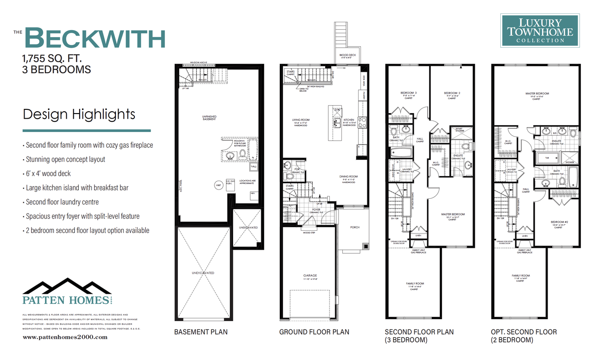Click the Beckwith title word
click(x=95, y=38)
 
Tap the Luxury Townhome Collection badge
click(x=540, y=31)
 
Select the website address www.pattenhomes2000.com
click(x=64, y=337)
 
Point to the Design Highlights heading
click(x=79, y=114)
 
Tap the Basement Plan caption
click(x=201, y=332)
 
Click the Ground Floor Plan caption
click(x=314, y=332)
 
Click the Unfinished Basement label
click(x=209, y=118)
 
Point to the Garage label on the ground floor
click(x=310, y=275)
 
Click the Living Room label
click(x=301, y=120)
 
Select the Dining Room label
click(x=348, y=177)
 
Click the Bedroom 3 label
click(x=408, y=93)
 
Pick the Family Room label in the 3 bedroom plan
click(x=415, y=284)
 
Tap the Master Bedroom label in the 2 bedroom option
click(x=537, y=94)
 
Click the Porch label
click(x=354, y=227)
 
